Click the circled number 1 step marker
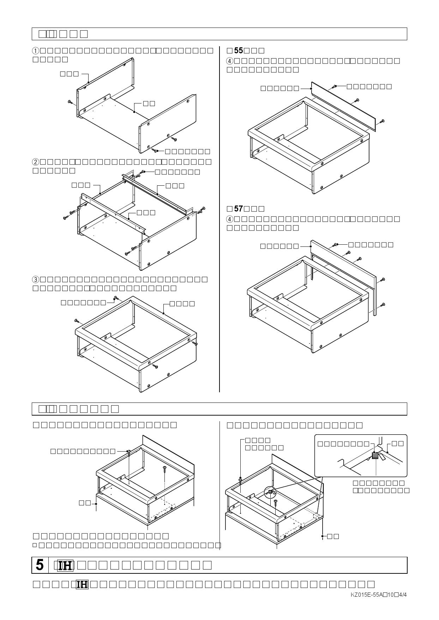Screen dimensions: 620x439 point(36,50)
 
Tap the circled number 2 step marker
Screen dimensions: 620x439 point(36,162)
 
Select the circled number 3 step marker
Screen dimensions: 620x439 point(36,279)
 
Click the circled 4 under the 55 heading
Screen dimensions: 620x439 point(230,61)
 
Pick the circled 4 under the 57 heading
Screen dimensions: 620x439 point(230,219)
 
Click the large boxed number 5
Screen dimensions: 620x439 point(40,565)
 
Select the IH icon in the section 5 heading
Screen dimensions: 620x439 point(65,566)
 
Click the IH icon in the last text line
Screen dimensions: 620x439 point(82,584)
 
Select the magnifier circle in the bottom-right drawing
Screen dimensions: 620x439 point(270,492)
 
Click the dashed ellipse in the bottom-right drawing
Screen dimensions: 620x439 point(317,516)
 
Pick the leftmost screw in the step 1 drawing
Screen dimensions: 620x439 point(71,102)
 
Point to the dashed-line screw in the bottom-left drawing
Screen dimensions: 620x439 point(165,469)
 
